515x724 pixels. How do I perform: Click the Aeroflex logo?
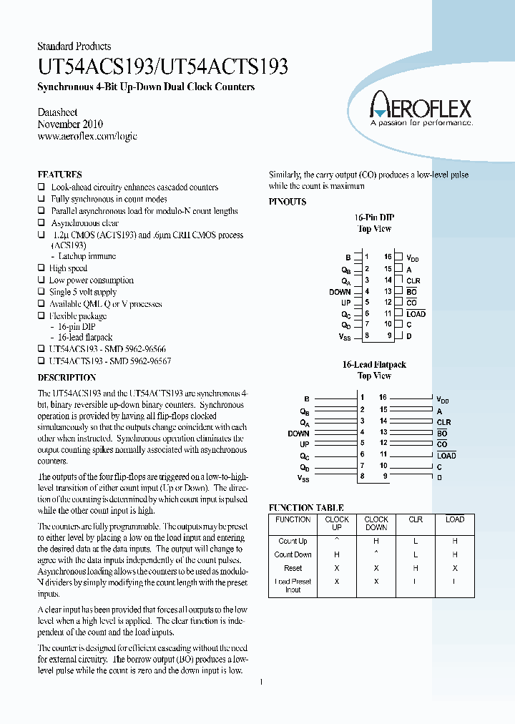pyautogui.click(x=420, y=112)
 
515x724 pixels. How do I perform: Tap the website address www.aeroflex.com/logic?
pyautogui.click(x=87, y=136)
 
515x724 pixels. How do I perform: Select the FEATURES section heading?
pyautogui.click(x=59, y=175)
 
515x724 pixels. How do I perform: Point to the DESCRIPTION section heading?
pyautogui.click(x=67, y=377)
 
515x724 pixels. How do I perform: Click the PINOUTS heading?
pyautogui.click(x=288, y=202)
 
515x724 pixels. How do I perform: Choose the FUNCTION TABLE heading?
pyautogui.click(x=306, y=507)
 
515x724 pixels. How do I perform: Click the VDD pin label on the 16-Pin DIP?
pyautogui.click(x=413, y=258)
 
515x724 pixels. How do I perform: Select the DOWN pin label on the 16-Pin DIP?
pyautogui.click(x=340, y=292)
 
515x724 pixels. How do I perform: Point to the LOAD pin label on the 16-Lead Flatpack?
pyautogui.click(x=446, y=456)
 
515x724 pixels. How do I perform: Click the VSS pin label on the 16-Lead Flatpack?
pyautogui.click(x=304, y=477)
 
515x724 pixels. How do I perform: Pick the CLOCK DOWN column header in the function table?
pyautogui.click(x=376, y=524)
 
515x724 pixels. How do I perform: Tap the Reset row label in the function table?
pyautogui.click(x=293, y=568)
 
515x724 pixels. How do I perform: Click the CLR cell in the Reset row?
pyautogui.click(x=416, y=568)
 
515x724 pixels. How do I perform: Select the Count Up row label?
pyautogui.click(x=293, y=542)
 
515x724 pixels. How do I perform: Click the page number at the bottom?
pyautogui.click(x=262, y=683)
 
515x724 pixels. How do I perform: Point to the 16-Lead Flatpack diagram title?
pyautogui.click(x=374, y=365)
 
